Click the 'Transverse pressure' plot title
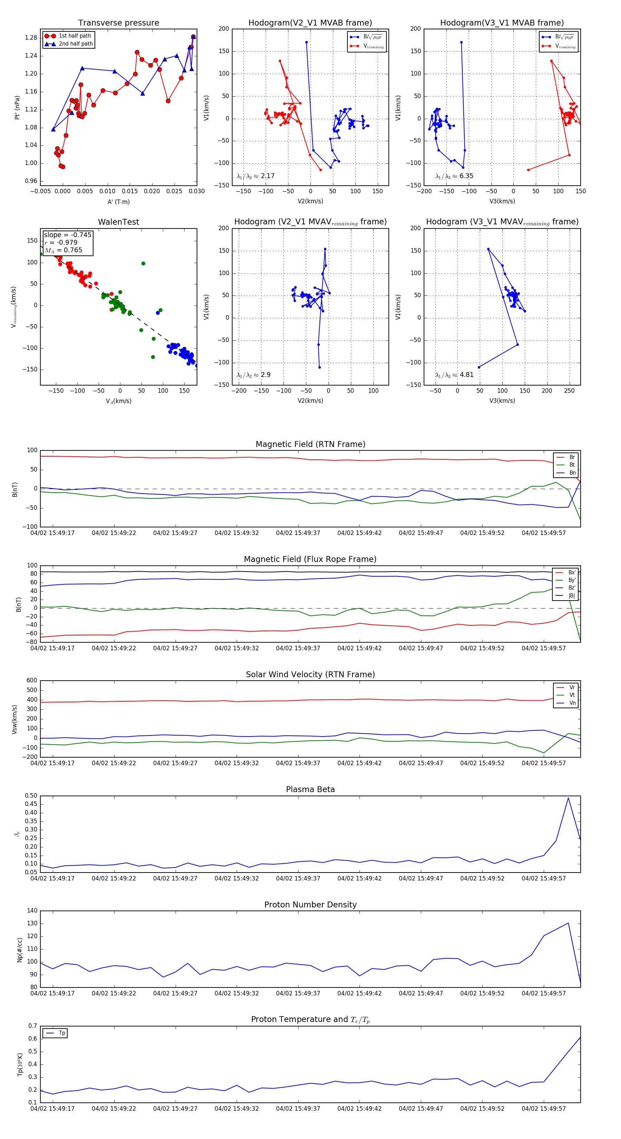[x=118, y=23]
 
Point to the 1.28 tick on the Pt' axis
[x=31, y=38]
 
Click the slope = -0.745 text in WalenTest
[x=68, y=235]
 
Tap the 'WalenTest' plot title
[x=118, y=222]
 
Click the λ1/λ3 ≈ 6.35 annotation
[x=454, y=176]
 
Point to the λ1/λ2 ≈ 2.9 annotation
[x=253, y=375]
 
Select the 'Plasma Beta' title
[x=310, y=789]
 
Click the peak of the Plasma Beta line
[x=568, y=798]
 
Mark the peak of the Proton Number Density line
[x=568, y=923]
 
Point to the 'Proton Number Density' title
[x=310, y=905]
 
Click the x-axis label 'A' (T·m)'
[x=118, y=202]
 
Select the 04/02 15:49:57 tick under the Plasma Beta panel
[x=544, y=878]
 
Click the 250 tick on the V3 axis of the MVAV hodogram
[x=569, y=391]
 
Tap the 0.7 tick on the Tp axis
[x=33, y=1026]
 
